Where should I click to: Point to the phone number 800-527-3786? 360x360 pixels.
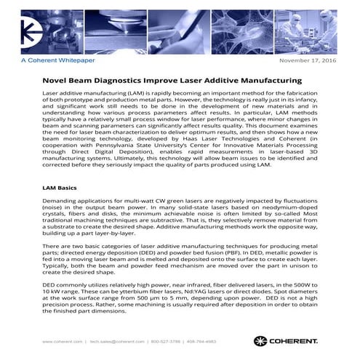coord(169,341)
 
